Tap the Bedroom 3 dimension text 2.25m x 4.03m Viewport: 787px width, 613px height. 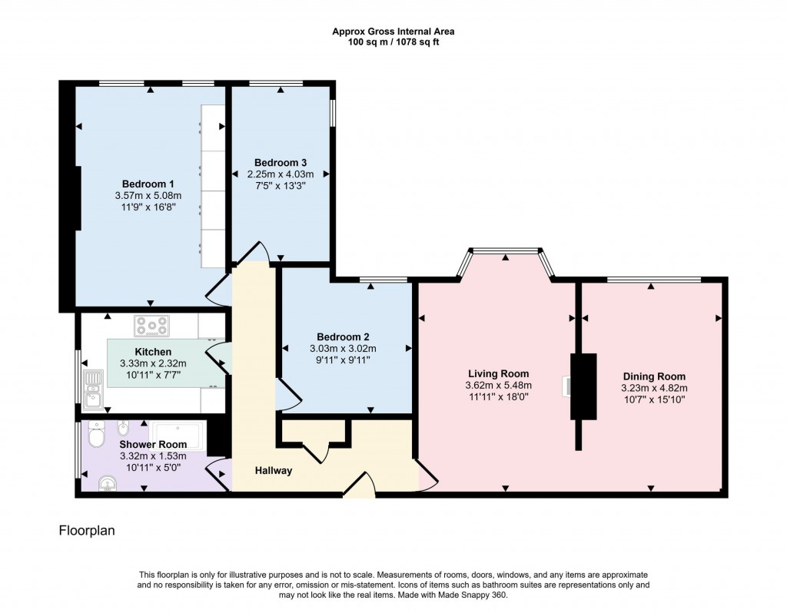281,174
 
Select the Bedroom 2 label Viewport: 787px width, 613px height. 344,336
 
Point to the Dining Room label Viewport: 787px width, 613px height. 653,376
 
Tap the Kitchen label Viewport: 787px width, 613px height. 153,351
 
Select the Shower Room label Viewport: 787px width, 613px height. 153,444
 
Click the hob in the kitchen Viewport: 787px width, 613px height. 151,326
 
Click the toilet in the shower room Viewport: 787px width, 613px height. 96,436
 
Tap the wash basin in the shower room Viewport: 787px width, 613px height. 108,483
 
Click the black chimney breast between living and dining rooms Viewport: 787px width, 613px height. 583,386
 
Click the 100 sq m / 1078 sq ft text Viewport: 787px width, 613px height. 393,42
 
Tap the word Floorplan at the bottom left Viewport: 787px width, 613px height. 87,530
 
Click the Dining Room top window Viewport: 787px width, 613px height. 653,280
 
